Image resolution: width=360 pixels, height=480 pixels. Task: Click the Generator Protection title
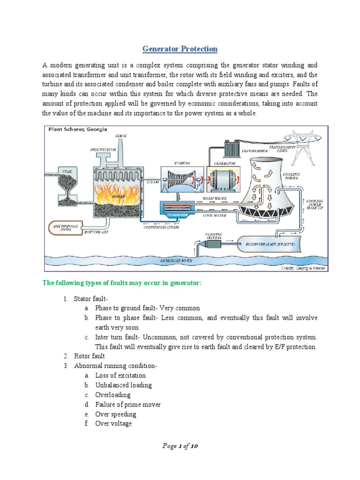180,49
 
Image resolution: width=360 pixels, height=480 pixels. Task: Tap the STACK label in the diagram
121,136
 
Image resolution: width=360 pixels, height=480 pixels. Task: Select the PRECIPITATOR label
103,150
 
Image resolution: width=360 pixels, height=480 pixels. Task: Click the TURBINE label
182,163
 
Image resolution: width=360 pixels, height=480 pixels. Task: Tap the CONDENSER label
177,215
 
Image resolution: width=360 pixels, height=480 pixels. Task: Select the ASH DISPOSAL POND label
60,228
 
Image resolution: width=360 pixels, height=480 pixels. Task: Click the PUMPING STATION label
214,235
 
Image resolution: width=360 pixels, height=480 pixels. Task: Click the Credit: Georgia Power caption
303,268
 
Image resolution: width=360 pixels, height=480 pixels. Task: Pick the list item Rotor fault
90,356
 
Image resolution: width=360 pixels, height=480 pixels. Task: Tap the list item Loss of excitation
120,375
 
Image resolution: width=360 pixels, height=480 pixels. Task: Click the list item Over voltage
113,424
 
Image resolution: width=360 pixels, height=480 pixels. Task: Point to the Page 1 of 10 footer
180,446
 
